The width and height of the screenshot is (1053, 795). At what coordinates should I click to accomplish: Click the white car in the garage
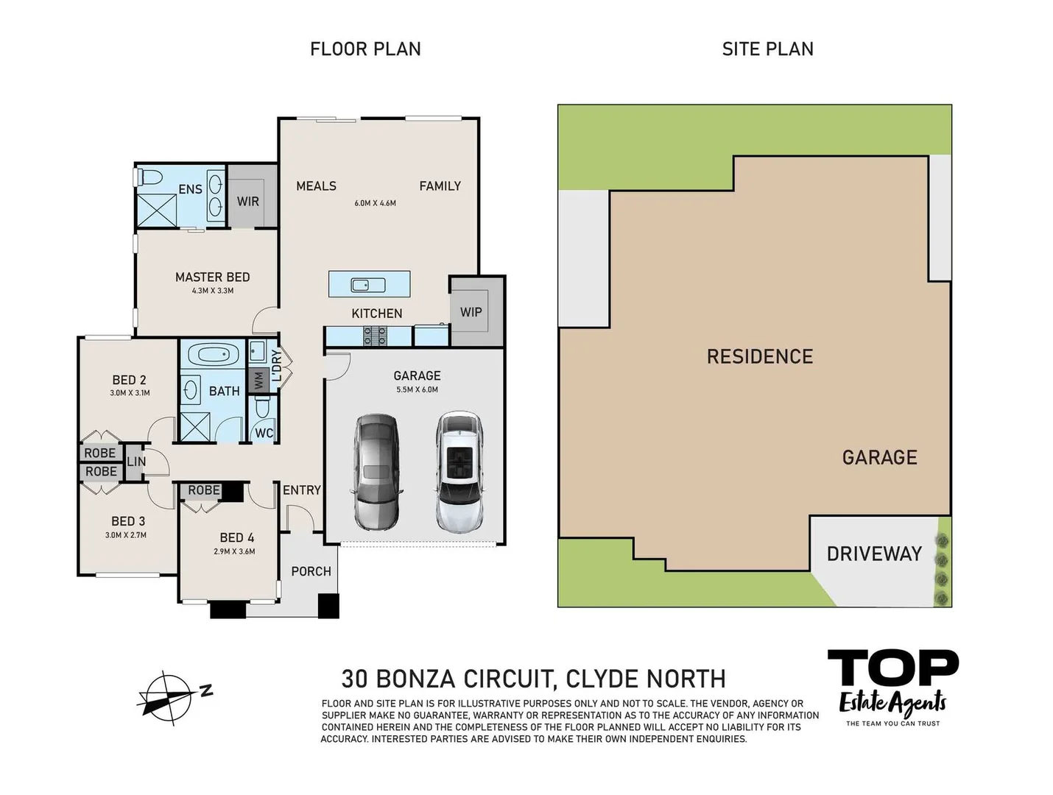point(459,472)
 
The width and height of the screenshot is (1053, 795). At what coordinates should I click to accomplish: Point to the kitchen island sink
point(368,285)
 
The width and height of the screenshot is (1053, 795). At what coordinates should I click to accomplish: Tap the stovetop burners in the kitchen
point(376,336)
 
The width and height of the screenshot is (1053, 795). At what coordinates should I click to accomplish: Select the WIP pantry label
point(471,312)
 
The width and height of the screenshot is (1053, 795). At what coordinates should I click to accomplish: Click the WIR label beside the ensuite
point(247,202)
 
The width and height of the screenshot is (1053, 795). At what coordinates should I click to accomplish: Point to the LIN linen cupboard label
point(136,462)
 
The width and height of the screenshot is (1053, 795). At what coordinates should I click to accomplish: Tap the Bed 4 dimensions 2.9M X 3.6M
point(234,551)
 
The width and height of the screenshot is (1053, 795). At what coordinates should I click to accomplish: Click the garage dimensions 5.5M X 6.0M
point(417,389)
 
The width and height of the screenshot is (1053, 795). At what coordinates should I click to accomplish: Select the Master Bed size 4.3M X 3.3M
point(213,291)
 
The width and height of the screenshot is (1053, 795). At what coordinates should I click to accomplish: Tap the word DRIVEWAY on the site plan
point(874,554)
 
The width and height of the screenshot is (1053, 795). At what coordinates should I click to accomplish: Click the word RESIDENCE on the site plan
point(760,357)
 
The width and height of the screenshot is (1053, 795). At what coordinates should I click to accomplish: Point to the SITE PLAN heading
point(767,49)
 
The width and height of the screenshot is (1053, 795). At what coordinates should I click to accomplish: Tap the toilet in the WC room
point(261,409)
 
